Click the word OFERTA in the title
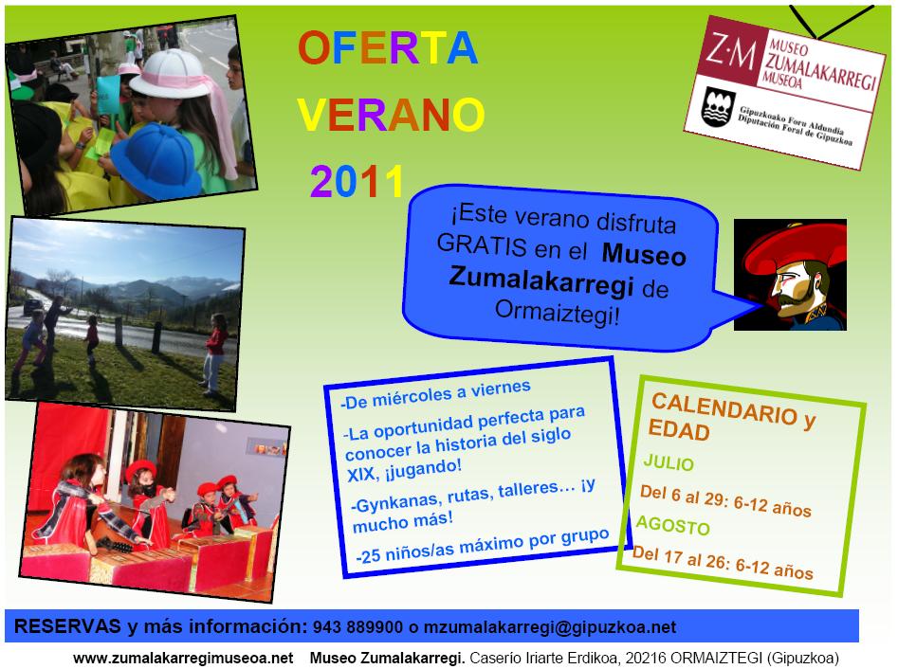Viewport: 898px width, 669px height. tap(388, 47)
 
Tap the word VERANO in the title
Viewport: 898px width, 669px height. tap(392, 115)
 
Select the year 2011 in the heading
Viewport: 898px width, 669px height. tap(357, 181)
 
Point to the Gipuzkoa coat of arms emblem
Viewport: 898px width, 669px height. tap(718, 107)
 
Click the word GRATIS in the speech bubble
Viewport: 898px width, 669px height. tap(481, 245)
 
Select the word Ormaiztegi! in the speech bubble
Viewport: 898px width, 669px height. tap(558, 313)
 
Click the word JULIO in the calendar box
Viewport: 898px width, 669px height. tap(669, 462)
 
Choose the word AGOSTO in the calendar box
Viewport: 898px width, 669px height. tap(673, 524)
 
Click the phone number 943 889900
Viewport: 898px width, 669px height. tap(357, 627)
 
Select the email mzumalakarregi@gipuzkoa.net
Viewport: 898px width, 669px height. tap(550, 628)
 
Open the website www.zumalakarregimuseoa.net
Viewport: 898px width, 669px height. tap(183, 659)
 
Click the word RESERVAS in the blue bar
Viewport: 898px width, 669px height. tap(67, 626)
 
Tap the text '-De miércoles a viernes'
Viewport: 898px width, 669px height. tap(436, 395)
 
